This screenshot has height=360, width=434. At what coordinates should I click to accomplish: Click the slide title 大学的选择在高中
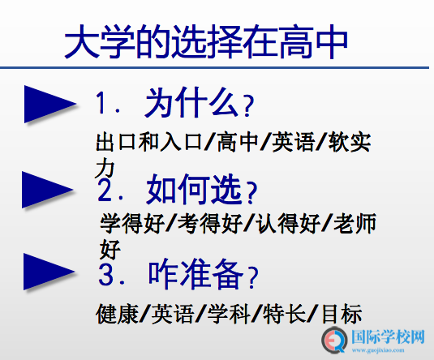pos(206,41)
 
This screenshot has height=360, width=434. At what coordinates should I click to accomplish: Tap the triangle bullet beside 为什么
pos(49,104)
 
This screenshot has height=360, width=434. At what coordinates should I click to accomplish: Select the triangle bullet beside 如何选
pos(48,190)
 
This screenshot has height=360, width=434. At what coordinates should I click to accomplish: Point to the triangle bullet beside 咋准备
pos(49,272)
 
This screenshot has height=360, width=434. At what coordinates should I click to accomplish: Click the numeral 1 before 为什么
pos(101,103)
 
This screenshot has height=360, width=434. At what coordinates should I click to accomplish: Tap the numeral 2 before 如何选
pos(105,190)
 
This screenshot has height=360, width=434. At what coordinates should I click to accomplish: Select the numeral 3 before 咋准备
pos(106,275)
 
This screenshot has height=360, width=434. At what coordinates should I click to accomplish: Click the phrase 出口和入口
pos(149,142)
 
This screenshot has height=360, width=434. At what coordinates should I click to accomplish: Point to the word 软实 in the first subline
pos(350,142)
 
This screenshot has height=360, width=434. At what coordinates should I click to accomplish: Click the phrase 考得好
pos(210,223)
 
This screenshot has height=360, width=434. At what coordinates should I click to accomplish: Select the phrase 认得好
pos(288,223)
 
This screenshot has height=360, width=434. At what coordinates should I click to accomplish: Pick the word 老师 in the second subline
pos(355,223)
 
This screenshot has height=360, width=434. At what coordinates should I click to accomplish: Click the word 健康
pos(117,314)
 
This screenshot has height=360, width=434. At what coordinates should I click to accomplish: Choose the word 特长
pos(284,314)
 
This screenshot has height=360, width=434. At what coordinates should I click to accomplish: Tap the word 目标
pos(342,314)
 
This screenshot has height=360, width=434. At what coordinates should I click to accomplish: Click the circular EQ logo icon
pos(334,340)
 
